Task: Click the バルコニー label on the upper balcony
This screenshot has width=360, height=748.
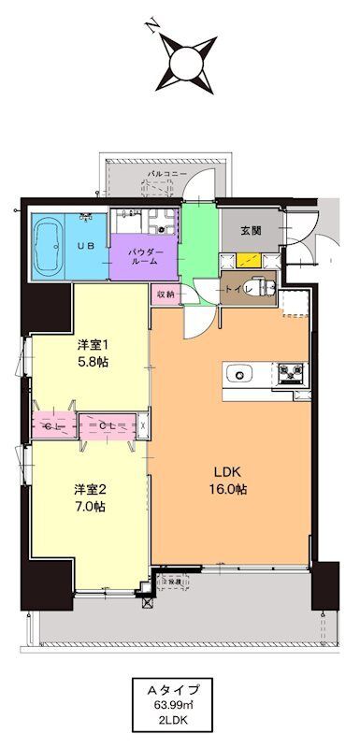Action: click(x=168, y=175)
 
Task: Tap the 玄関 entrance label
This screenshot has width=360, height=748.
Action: click(x=251, y=230)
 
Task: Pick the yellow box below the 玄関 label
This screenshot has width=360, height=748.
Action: click(x=248, y=261)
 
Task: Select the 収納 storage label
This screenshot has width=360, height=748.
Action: click(x=165, y=293)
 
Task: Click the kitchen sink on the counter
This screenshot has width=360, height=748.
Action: click(x=242, y=375)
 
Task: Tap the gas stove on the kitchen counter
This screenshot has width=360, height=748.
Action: click(x=291, y=375)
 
